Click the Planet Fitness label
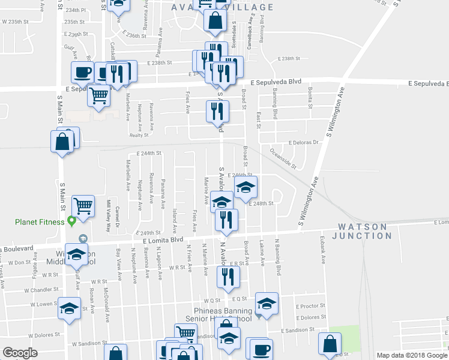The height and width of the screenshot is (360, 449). pyautogui.click(x=40, y=222)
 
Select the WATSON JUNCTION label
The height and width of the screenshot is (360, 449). pyautogui.click(x=362, y=231)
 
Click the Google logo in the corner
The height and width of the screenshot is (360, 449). pyautogui.click(x=20, y=353)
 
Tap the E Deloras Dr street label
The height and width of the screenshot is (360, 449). pyautogui.click(x=306, y=143)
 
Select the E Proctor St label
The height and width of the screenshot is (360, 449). pyautogui.click(x=310, y=305)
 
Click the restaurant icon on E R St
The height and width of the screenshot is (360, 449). pyautogui.click(x=229, y=277)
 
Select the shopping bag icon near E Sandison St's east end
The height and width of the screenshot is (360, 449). pyautogui.click(x=330, y=344)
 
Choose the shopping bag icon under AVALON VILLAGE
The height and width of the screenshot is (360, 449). pyautogui.click(x=215, y=20)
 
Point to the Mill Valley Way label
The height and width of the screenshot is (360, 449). pyautogui.click(x=108, y=211)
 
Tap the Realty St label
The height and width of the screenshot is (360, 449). pyautogui.click(x=139, y=136)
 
